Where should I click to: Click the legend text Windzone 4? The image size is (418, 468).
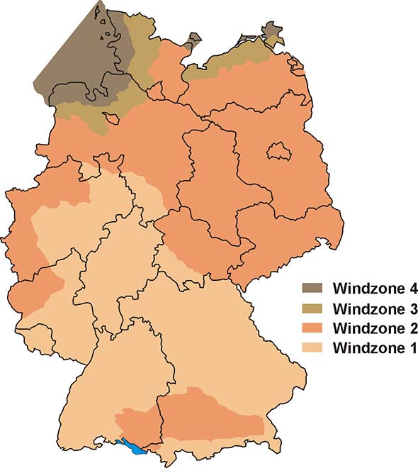(371, 289)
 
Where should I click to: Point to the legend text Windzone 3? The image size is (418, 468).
(371, 309)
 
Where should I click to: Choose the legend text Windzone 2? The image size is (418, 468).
(371, 329)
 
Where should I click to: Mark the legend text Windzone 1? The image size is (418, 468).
(371, 349)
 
